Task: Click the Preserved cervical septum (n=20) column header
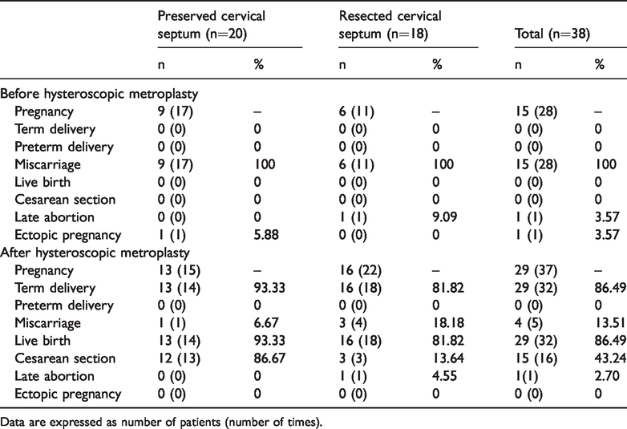coord(211,25)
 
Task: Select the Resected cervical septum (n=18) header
coord(390,25)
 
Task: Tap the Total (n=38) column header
coord(552,34)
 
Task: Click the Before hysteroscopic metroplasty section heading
coord(99,94)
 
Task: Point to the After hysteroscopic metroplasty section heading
coord(95,253)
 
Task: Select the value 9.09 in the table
coord(444,217)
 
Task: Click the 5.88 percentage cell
coord(266,235)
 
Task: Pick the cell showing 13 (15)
coord(179,270)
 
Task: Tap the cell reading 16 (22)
coord(360,270)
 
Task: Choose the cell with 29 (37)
coord(536,270)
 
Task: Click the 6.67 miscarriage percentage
coord(266,323)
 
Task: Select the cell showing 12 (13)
coord(179,358)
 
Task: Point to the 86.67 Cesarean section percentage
coord(270,358)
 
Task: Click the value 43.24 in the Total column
coord(611,358)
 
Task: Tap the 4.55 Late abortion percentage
coord(444,376)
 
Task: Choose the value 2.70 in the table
coord(607,376)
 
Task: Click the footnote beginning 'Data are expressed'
coord(161,422)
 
